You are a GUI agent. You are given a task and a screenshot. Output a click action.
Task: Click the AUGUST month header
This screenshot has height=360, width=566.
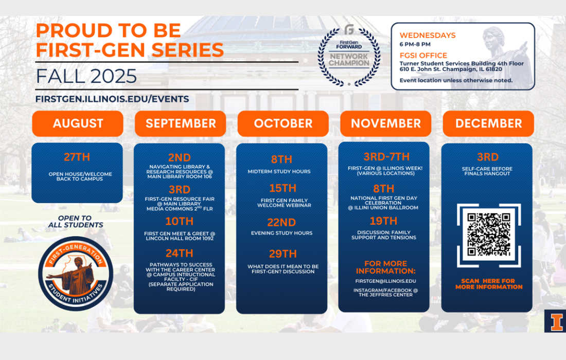[78, 123]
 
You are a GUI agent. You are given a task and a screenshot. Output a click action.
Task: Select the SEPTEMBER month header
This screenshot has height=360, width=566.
[181, 123]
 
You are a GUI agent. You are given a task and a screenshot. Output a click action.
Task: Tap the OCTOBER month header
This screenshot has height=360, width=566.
[283, 123]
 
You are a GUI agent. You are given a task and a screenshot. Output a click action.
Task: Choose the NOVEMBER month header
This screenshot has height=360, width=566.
[385, 123]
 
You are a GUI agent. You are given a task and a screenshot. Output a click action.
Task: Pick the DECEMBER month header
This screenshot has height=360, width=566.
[488, 123]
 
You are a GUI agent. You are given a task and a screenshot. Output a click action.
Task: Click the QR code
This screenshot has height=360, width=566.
[489, 235]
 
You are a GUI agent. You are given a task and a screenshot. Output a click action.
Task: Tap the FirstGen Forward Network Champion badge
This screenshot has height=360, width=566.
[349, 56]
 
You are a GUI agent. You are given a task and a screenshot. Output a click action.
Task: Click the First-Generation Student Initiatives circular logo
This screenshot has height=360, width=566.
[76, 274]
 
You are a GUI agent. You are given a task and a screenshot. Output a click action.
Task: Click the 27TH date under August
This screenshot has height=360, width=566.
[77, 157]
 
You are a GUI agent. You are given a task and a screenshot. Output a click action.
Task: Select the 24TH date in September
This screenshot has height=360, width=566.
[180, 253]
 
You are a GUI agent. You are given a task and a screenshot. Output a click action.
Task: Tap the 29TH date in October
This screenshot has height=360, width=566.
[282, 254]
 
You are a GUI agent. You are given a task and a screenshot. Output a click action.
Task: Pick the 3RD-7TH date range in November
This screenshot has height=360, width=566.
[386, 156]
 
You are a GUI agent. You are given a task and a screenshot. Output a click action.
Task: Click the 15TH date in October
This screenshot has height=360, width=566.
[282, 188]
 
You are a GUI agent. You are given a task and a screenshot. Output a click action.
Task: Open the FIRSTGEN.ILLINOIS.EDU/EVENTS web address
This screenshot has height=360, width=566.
[112, 99]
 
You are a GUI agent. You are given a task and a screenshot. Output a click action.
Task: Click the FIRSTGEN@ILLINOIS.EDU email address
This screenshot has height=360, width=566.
[385, 281]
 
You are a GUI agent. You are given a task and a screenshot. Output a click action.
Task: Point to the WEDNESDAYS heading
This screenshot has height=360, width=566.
[428, 35]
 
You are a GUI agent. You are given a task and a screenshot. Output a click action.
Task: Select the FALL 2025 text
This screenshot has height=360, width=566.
[86, 76]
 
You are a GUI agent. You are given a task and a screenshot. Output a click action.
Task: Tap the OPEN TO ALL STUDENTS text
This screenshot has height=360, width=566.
[76, 222]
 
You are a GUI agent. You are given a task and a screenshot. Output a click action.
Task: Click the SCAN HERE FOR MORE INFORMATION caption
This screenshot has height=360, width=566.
[489, 284]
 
